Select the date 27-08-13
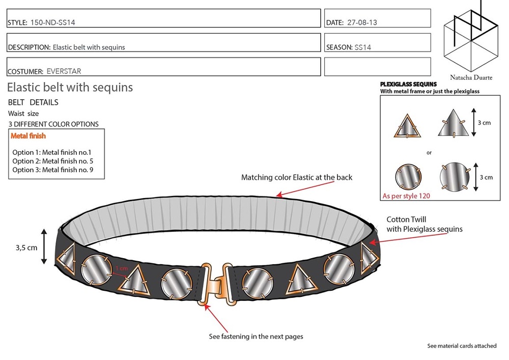point(362,22)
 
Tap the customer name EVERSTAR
point(64,71)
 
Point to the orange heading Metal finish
point(29,136)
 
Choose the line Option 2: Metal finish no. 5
point(51,161)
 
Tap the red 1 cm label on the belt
point(121,268)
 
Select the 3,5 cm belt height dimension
point(26,248)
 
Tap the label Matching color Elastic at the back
point(297,178)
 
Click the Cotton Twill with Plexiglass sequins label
point(424,224)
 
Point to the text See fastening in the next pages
point(256,336)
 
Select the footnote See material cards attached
point(462,346)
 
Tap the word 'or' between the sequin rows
point(429,152)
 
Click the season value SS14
point(363,47)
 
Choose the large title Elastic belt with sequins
point(70,87)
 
